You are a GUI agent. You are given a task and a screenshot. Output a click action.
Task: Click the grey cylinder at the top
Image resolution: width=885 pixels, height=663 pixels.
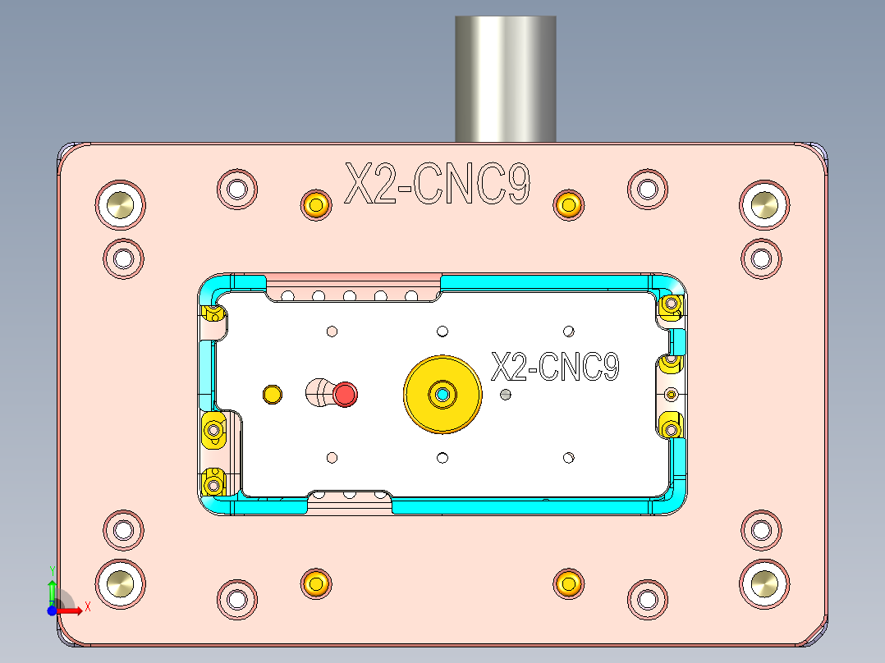pos(506,78)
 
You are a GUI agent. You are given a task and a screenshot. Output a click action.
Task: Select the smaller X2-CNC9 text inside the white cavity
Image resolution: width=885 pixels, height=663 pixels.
pos(554,367)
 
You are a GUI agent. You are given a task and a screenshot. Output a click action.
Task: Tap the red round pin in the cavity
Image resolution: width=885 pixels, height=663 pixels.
pos(346,395)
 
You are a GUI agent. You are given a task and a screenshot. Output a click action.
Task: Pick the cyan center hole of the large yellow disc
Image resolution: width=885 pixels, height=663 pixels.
pos(442,395)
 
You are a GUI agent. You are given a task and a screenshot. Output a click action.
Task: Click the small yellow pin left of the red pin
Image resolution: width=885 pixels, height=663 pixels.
pos(271,395)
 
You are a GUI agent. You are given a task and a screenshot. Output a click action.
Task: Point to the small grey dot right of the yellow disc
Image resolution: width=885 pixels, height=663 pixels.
pos(506,395)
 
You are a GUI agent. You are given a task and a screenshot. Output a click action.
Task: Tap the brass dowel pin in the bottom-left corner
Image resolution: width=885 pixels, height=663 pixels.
pos(120,583)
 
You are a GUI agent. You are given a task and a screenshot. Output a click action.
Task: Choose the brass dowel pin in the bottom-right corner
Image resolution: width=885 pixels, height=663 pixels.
pos(764,583)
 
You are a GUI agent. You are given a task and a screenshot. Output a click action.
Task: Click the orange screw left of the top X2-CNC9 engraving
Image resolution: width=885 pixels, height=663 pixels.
pos(316,203)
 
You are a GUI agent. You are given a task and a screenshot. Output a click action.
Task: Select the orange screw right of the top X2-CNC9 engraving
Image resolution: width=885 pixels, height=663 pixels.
pos(568,203)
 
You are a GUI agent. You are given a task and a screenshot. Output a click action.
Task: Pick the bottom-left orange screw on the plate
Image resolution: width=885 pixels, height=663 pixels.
pos(316,583)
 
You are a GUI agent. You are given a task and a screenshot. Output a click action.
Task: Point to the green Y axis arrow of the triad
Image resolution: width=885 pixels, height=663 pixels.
pos(52,586)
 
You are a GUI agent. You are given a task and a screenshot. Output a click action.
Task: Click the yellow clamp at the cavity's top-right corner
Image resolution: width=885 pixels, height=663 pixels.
pos(672,305)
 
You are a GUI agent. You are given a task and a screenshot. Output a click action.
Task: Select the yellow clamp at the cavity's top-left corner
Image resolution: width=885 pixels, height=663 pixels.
pos(215,313)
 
